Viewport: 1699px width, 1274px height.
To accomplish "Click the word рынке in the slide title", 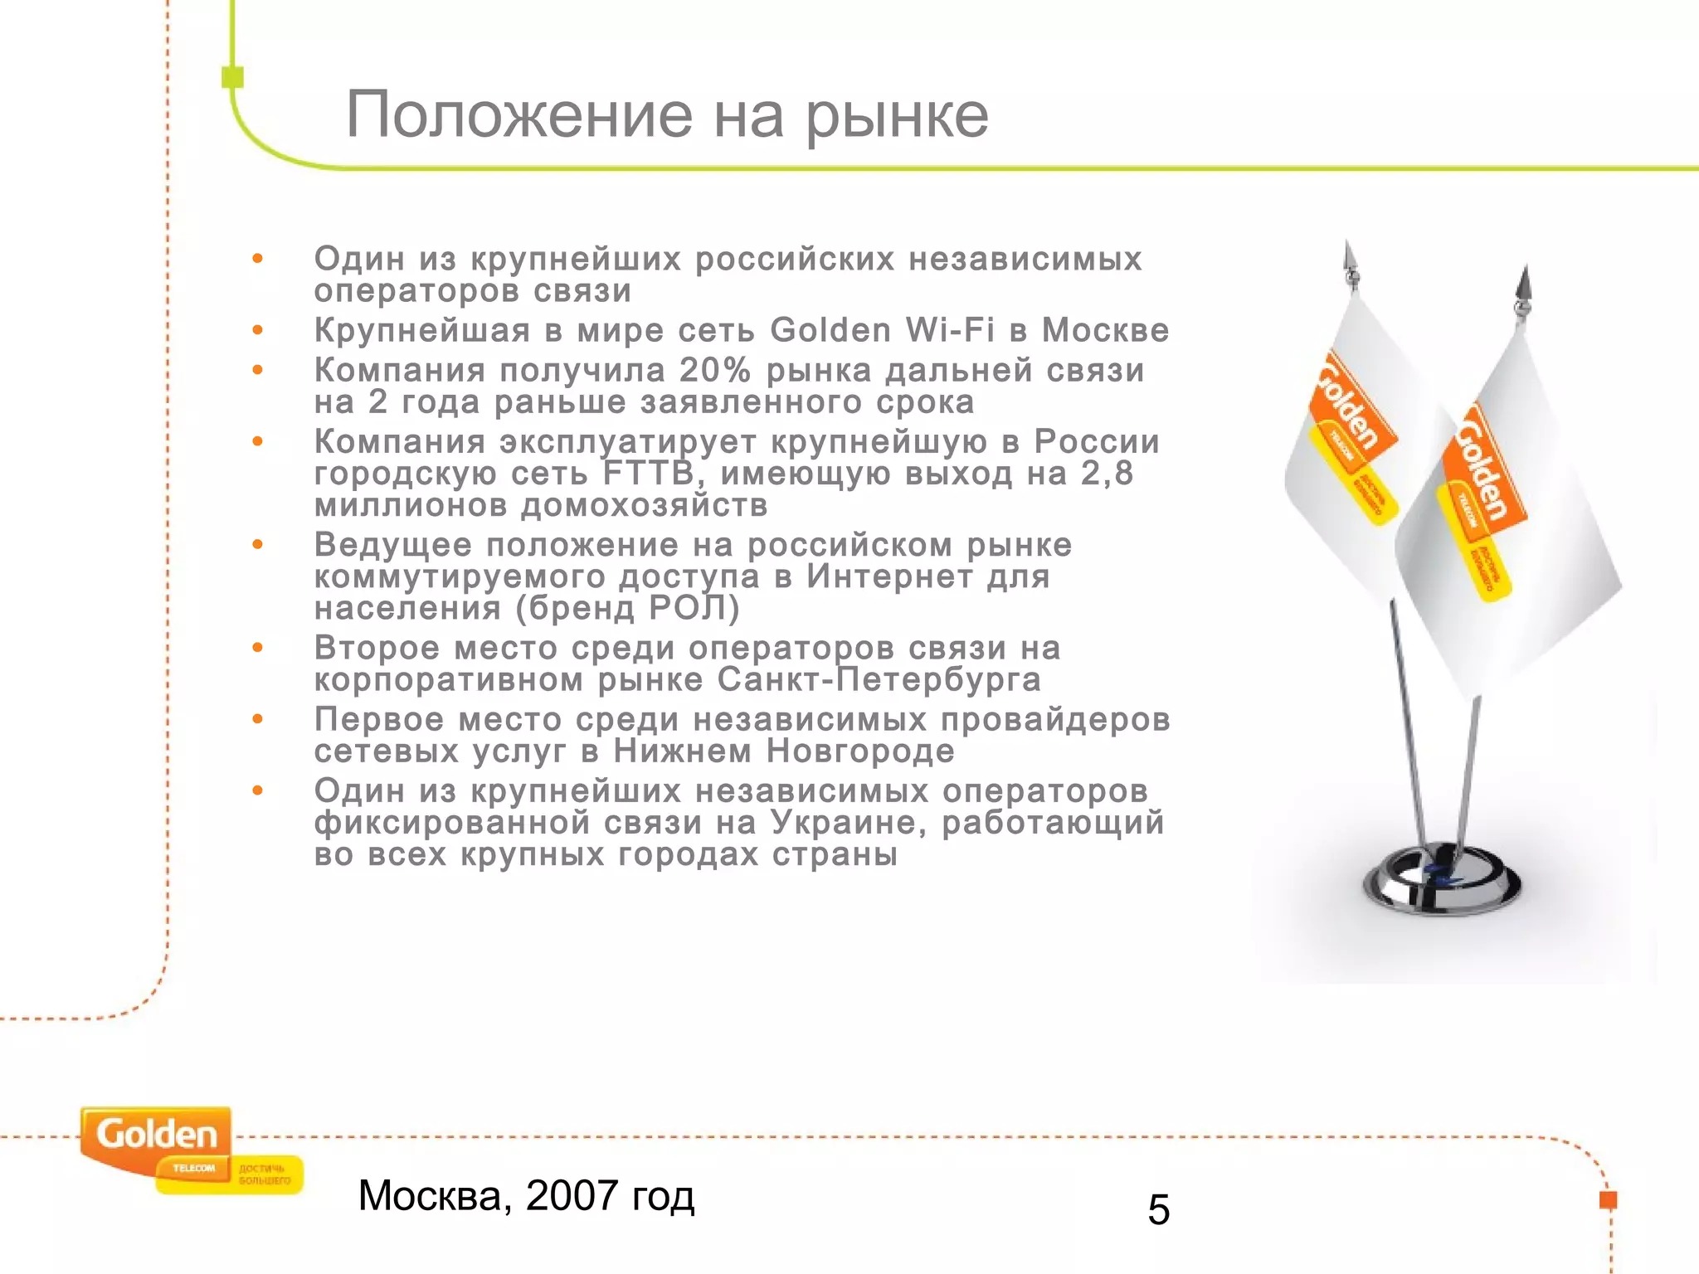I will click(897, 116).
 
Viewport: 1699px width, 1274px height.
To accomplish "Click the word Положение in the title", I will click(518, 114).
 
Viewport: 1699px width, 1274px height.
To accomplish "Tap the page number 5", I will click(1158, 1209).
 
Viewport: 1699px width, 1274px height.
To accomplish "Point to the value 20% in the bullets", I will click(715, 370).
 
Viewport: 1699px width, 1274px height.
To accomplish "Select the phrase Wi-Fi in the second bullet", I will click(950, 330).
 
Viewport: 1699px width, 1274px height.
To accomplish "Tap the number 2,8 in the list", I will click(1107, 473).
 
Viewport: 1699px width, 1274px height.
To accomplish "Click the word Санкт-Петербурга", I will click(879, 679).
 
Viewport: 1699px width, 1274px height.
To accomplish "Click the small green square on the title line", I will click(233, 77).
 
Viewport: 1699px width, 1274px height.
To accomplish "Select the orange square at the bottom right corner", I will click(1608, 1199).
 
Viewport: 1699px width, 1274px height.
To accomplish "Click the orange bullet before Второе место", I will click(258, 648).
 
